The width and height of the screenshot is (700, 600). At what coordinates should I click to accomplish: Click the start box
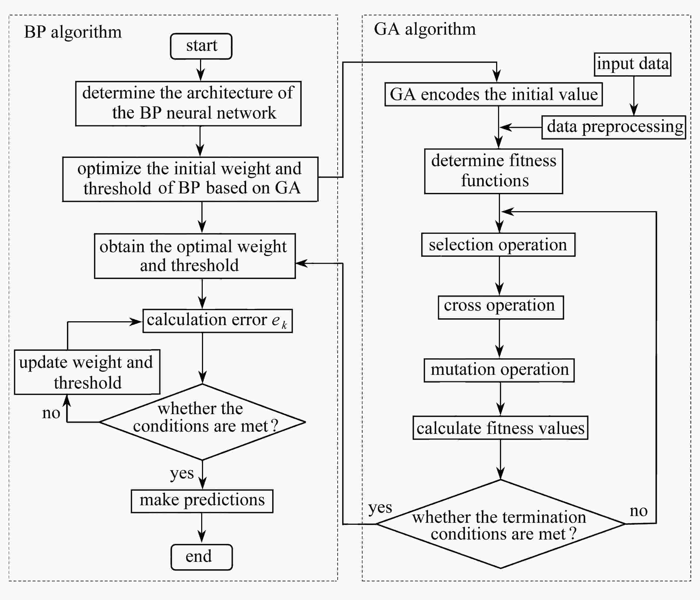[201, 46]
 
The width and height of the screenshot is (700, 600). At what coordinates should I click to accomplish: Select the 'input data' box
[632, 64]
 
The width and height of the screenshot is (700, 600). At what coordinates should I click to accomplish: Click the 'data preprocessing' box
[614, 127]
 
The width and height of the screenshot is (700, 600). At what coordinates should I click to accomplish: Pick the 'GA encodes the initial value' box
[494, 94]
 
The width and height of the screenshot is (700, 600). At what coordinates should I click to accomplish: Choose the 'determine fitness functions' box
[494, 171]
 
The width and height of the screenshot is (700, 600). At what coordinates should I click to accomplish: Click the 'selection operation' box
[498, 245]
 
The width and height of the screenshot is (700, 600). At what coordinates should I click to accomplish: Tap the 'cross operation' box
[501, 307]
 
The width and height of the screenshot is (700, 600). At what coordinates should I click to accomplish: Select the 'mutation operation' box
[499, 370]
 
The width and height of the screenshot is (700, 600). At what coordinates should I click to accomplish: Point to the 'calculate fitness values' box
[500, 428]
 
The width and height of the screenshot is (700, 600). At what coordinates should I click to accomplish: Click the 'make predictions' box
[202, 501]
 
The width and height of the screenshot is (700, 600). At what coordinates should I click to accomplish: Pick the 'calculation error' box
[218, 321]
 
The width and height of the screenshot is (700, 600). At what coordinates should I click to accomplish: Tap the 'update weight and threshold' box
[87, 372]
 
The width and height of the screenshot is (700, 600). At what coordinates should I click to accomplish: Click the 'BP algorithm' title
[73, 32]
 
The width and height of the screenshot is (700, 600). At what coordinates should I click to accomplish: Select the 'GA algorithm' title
[425, 29]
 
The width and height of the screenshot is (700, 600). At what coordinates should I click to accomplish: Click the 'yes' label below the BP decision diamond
[182, 473]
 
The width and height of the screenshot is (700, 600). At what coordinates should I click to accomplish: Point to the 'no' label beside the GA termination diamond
[639, 511]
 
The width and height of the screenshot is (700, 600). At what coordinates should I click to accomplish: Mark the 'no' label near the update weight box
[51, 413]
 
